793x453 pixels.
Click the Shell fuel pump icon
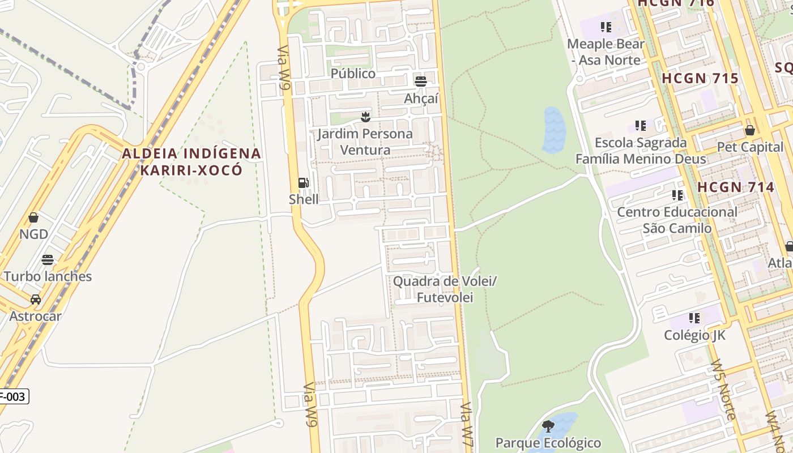coord(304,183)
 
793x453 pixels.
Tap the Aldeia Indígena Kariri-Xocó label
coord(191,161)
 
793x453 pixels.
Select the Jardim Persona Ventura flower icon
coord(365,117)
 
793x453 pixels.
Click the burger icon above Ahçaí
coord(420,81)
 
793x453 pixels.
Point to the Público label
coord(353,74)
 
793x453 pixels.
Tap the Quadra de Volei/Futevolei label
coord(445,289)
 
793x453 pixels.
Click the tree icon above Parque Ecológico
coord(548,426)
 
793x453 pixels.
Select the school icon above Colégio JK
coord(694,318)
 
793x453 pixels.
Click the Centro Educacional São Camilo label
coord(677,220)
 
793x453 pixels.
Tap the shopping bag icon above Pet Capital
coord(750,130)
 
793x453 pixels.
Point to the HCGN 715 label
coord(700,79)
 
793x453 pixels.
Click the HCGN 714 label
coord(735,187)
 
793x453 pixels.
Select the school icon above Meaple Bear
coord(606,27)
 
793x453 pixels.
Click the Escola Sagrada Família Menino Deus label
coord(641,151)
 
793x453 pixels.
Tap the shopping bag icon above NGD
coord(33,217)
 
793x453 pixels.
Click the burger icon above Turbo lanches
coord(48,260)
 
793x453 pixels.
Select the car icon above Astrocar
coord(35,300)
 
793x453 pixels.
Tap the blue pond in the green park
coord(553,130)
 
